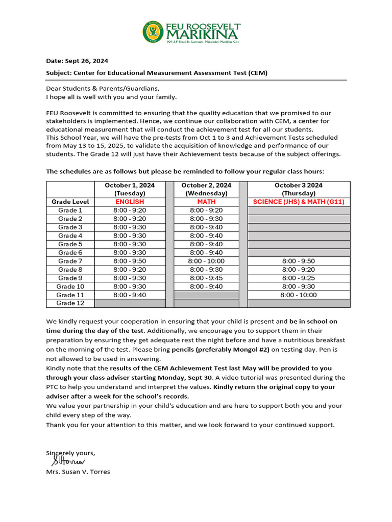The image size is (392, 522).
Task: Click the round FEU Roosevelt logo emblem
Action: click(153, 32)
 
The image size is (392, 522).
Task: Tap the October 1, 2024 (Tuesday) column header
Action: click(130, 189)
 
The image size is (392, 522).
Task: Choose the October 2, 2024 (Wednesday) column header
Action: click(206, 189)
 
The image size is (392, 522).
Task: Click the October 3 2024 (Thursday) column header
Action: click(299, 189)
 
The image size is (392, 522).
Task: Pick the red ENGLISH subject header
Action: click(130, 202)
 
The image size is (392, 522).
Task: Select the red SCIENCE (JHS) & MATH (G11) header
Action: click(299, 202)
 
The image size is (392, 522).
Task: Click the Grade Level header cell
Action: click(70, 202)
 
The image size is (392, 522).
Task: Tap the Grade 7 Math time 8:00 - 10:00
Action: click(206, 261)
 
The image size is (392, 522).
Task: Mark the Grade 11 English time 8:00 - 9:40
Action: click(130, 295)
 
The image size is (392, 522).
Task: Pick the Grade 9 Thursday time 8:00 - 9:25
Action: click(299, 278)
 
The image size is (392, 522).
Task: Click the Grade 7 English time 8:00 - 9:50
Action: click(130, 261)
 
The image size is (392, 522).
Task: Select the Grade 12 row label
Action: click(70, 303)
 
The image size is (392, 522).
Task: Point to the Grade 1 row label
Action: click(70, 210)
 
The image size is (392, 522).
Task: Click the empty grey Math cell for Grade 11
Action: click(206, 295)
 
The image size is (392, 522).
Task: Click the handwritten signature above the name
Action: click(68, 461)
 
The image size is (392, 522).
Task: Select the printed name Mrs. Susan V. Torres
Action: click(78, 472)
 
